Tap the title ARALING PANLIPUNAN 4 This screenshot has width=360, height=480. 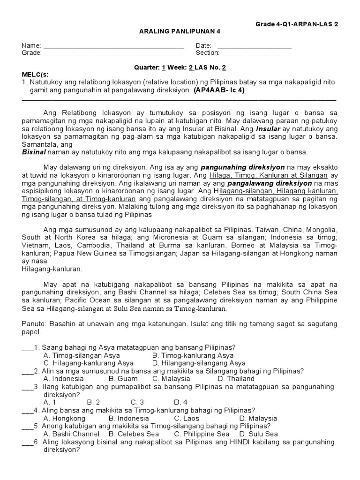[x=180, y=31]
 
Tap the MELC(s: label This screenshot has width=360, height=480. [x=35, y=75]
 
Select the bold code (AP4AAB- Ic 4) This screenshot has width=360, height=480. [x=219, y=90]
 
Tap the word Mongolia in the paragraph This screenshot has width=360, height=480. [x=321, y=230]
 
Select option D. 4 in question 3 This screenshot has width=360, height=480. [x=180, y=402]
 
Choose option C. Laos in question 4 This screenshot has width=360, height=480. [x=187, y=418]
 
